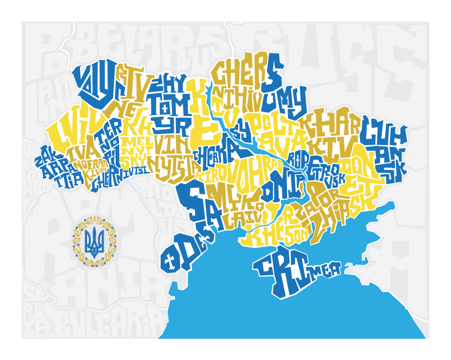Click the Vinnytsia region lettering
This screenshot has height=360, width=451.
pos(172,154)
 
